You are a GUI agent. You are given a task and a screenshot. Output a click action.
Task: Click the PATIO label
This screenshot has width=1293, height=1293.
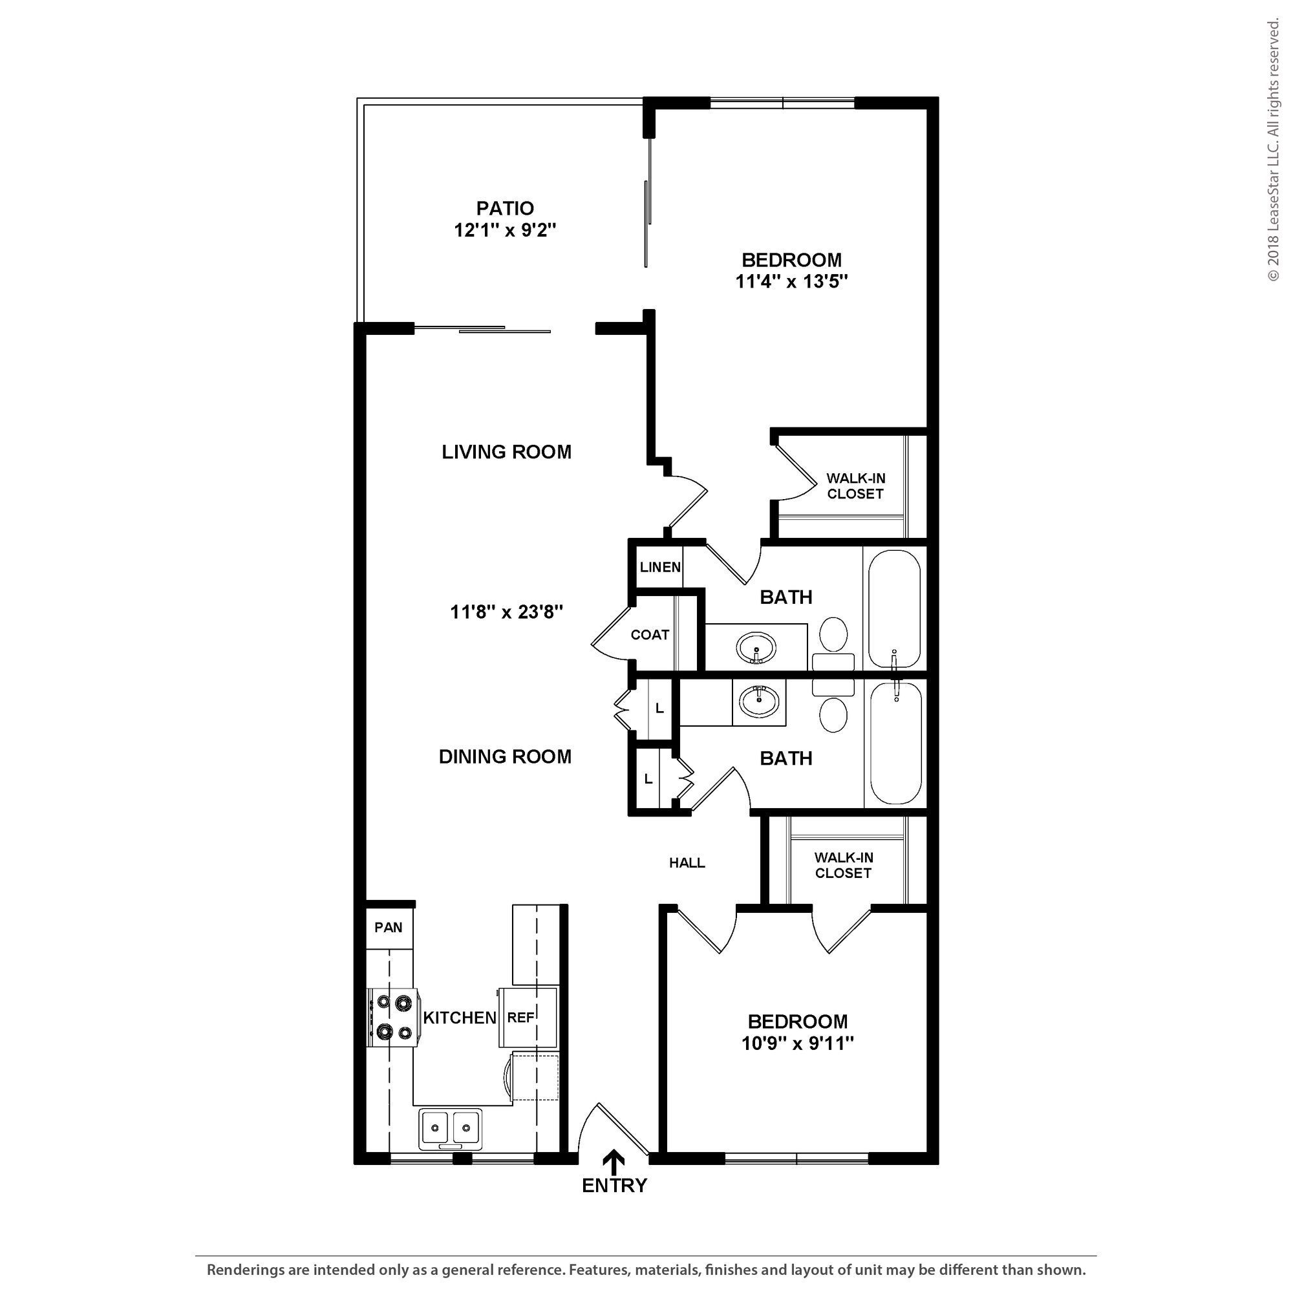pyautogui.click(x=505, y=208)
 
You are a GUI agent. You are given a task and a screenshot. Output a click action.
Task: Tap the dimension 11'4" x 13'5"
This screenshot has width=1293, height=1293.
pyautogui.click(x=791, y=282)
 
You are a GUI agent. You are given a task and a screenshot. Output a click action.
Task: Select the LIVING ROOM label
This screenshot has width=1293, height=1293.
pyautogui.click(x=506, y=452)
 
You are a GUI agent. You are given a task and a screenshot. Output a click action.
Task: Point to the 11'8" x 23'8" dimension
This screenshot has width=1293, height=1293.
pyautogui.click(x=506, y=612)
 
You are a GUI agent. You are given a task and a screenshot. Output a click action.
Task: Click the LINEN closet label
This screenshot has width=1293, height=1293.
pyautogui.click(x=660, y=567)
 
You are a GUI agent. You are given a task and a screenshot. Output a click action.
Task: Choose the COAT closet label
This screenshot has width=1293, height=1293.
pyautogui.click(x=649, y=634)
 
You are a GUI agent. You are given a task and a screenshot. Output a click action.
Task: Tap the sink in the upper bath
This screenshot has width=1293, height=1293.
pyautogui.click(x=756, y=648)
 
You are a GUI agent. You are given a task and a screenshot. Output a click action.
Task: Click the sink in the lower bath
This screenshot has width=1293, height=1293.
pyautogui.click(x=759, y=702)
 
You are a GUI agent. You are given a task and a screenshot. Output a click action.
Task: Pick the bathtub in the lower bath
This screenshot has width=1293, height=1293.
pyautogui.click(x=895, y=743)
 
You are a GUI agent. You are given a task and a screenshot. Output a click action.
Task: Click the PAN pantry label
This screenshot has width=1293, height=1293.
pyautogui.click(x=388, y=927)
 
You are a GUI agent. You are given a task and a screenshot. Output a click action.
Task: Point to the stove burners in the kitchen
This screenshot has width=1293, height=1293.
pyautogui.click(x=393, y=1017)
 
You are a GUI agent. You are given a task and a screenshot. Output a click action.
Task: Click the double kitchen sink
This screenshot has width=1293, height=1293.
pyautogui.click(x=450, y=1127)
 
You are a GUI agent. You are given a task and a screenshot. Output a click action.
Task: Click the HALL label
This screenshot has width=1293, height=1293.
pyautogui.click(x=687, y=862)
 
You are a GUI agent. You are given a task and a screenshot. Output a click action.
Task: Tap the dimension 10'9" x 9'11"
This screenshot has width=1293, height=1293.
pyautogui.click(x=797, y=1043)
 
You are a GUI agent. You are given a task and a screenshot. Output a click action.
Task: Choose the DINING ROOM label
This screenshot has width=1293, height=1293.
pyautogui.click(x=505, y=756)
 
